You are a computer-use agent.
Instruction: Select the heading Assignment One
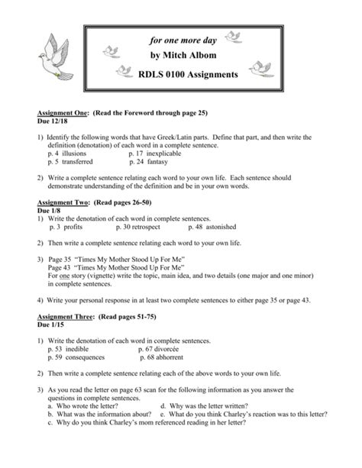[x=63, y=111]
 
